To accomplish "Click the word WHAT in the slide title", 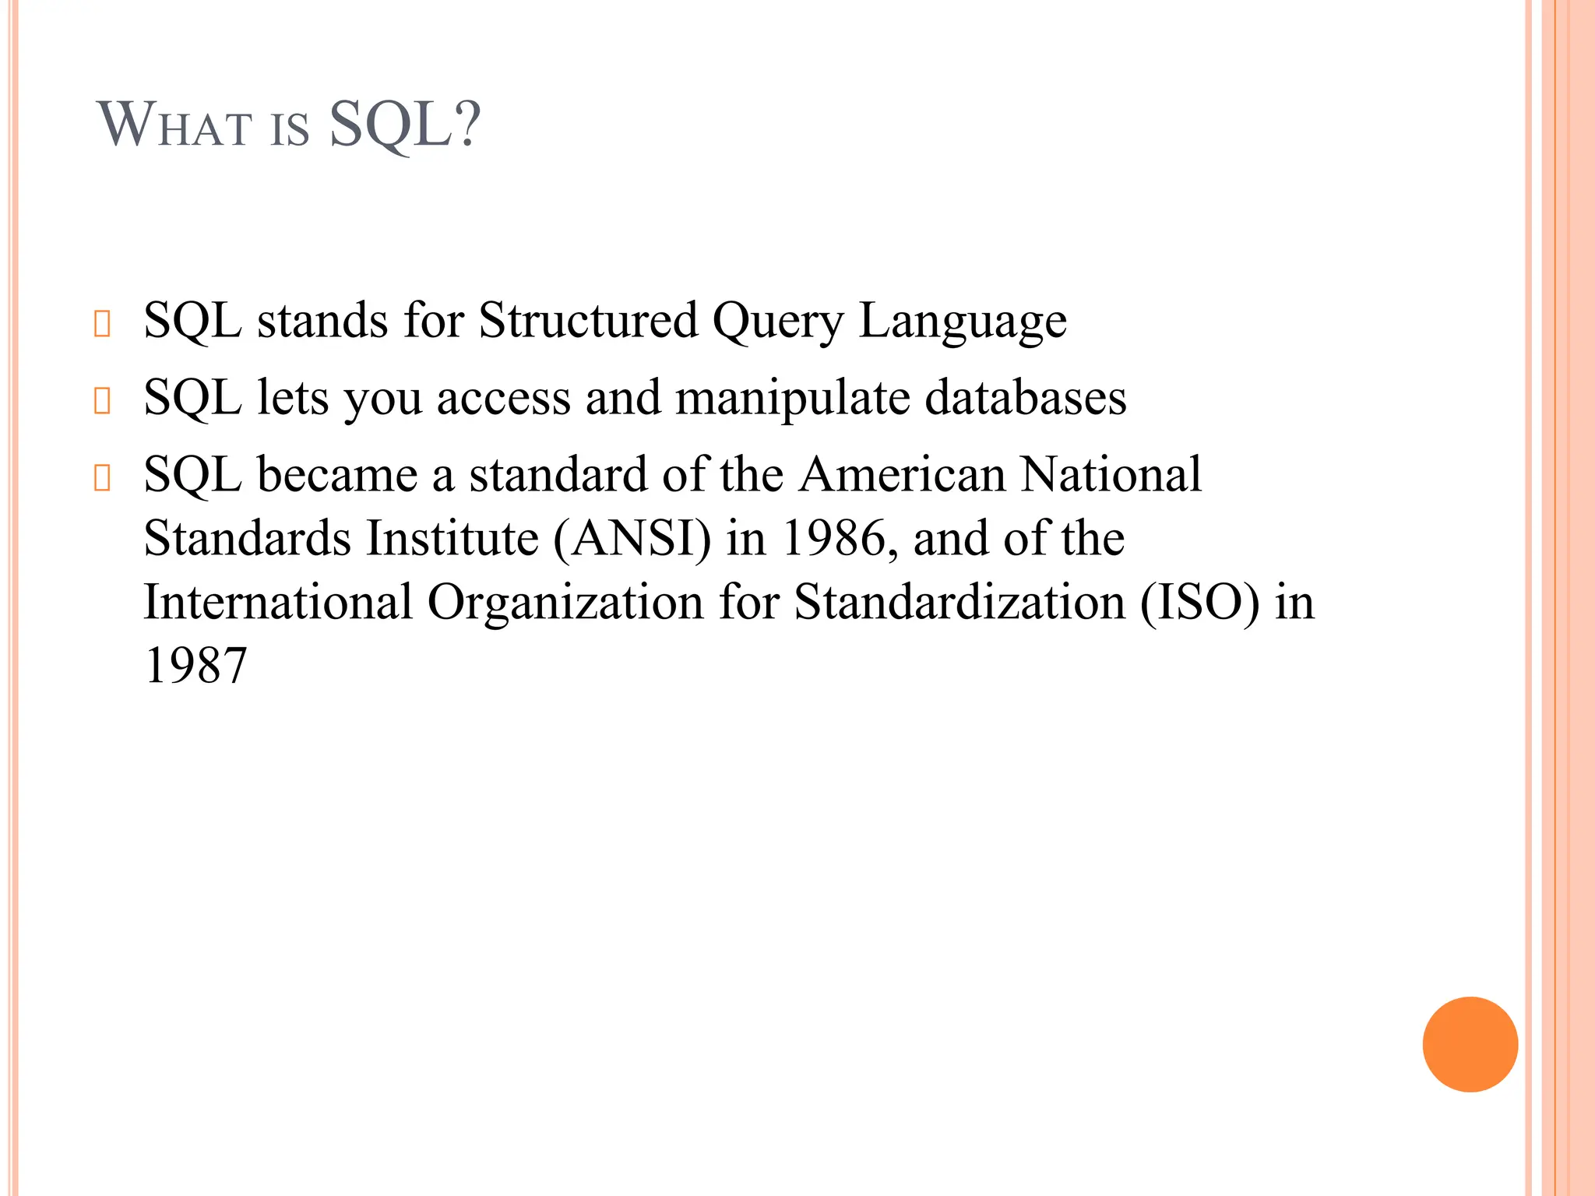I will click(174, 126).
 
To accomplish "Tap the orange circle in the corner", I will click(1470, 1044).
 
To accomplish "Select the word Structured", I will click(588, 320).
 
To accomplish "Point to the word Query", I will click(777, 322).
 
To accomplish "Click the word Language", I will click(963, 322).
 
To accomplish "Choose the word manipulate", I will click(792, 398).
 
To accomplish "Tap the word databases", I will click(1025, 397).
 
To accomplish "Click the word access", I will click(503, 399).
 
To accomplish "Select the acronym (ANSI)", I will click(632, 539).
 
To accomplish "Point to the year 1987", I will click(195, 666).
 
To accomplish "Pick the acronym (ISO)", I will click(1199, 603).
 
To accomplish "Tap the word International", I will click(278, 602).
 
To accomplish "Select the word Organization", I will click(565, 602).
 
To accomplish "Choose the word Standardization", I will click(959, 602).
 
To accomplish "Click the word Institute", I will click(452, 539).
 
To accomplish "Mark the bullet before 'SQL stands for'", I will click(102, 323).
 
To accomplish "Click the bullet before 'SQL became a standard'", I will click(102, 477).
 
